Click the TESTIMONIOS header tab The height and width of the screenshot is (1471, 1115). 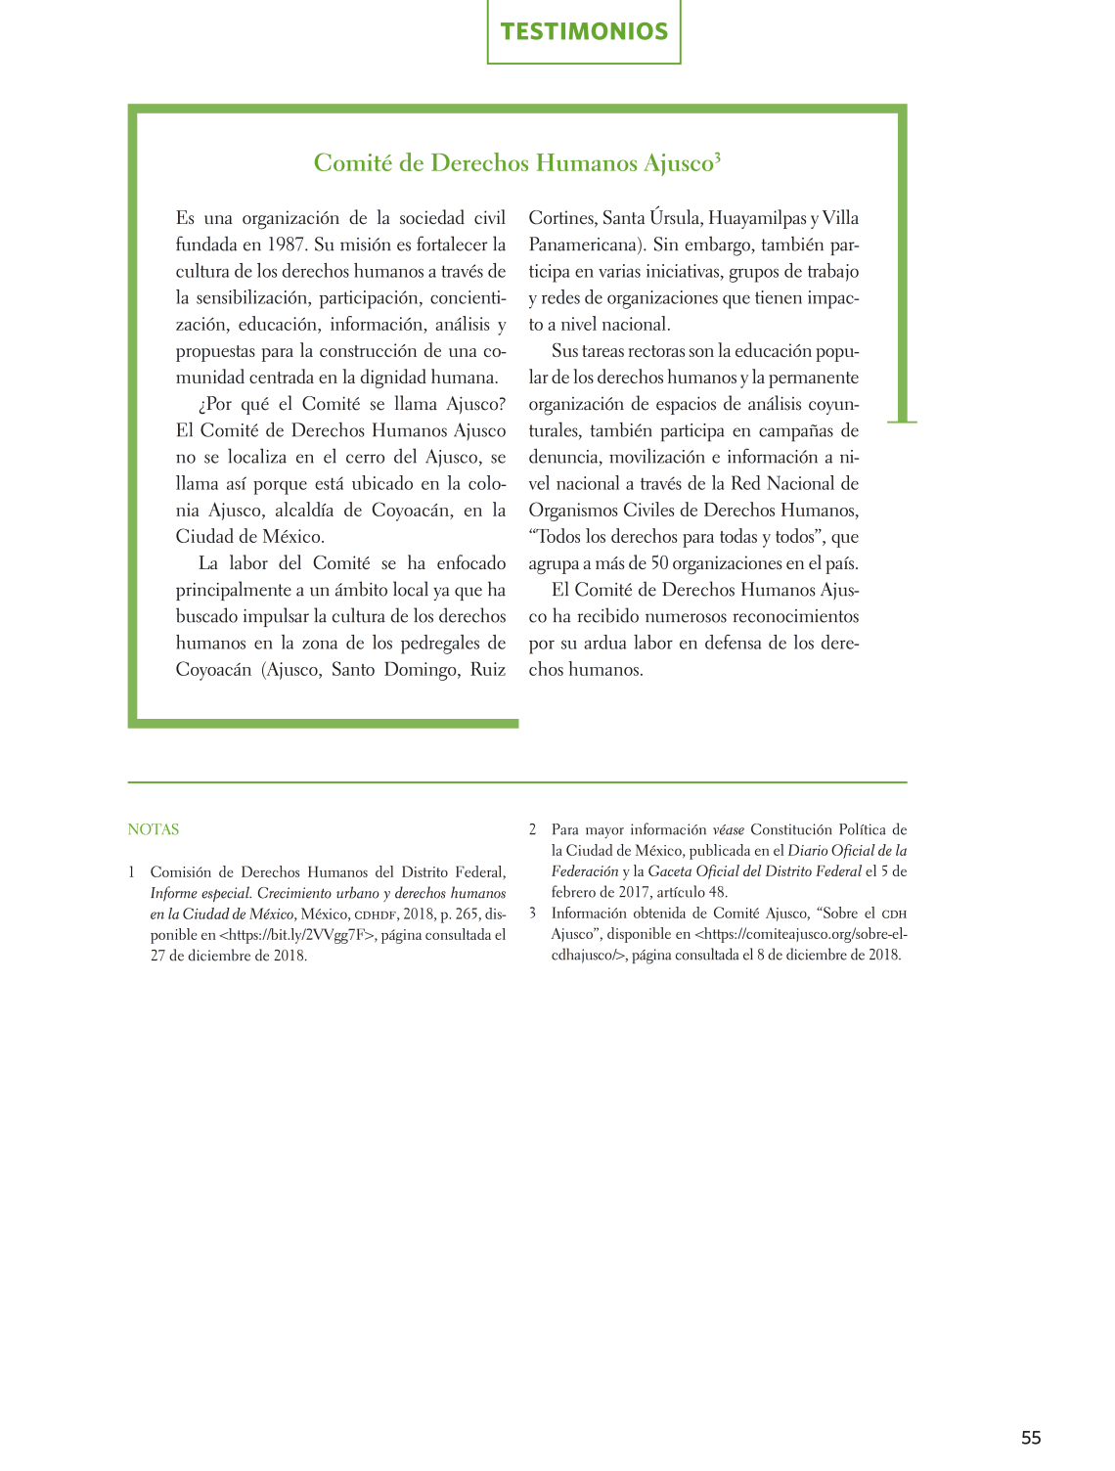pyautogui.click(x=584, y=31)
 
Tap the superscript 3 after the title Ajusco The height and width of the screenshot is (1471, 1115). pyautogui.click(x=718, y=156)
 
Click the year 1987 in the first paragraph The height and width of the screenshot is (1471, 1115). pyautogui.click(x=286, y=245)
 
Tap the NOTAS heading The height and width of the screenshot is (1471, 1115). pyautogui.click(x=154, y=829)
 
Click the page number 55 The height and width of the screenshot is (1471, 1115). pyautogui.click(x=1031, y=1438)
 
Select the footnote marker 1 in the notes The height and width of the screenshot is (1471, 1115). pyautogui.click(x=132, y=872)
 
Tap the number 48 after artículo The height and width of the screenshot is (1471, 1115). pyautogui.click(x=717, y=892)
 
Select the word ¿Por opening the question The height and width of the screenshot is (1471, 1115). pyautogui.click(x=215, y=404)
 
